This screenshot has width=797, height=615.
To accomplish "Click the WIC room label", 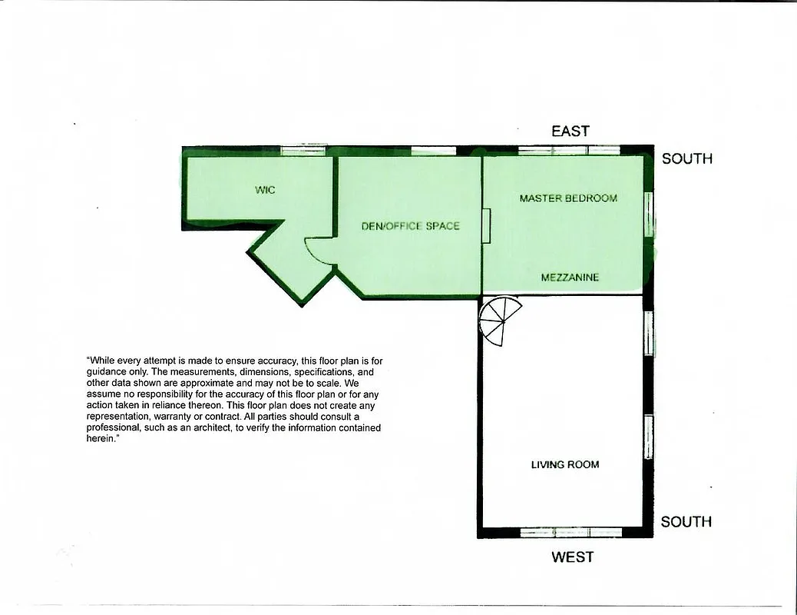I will [x=265, y=190].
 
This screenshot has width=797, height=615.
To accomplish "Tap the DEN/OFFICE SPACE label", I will [x=411, y=226].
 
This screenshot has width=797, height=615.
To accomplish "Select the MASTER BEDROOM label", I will [x=568, y=198].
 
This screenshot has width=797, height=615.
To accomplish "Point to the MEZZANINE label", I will [x=570, y=278].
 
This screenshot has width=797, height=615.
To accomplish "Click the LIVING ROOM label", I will [x=565, y=464].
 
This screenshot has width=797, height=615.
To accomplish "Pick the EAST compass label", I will [x=570, y=131].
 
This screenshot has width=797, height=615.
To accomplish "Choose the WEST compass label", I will [x=572, y=557].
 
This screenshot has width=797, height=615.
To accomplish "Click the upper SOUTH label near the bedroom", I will [x=687, y=158].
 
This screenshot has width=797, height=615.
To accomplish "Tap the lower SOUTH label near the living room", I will [x=686, y=521].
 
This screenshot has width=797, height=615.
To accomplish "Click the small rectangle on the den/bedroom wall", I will [x=486, y=226].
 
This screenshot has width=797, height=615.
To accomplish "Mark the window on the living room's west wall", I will [x=570, y=532].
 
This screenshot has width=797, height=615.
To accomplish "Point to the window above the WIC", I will [x=304, y=150].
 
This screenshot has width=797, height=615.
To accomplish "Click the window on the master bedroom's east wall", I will [x=569, y=150].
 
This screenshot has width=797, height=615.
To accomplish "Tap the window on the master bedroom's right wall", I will [x=650, y=214].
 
